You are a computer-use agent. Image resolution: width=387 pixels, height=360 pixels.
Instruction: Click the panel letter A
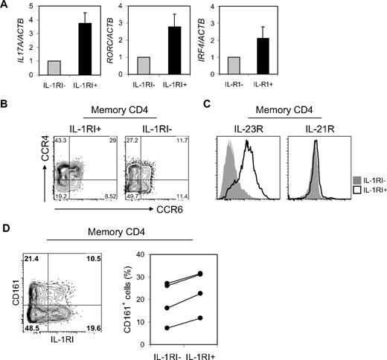7,7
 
